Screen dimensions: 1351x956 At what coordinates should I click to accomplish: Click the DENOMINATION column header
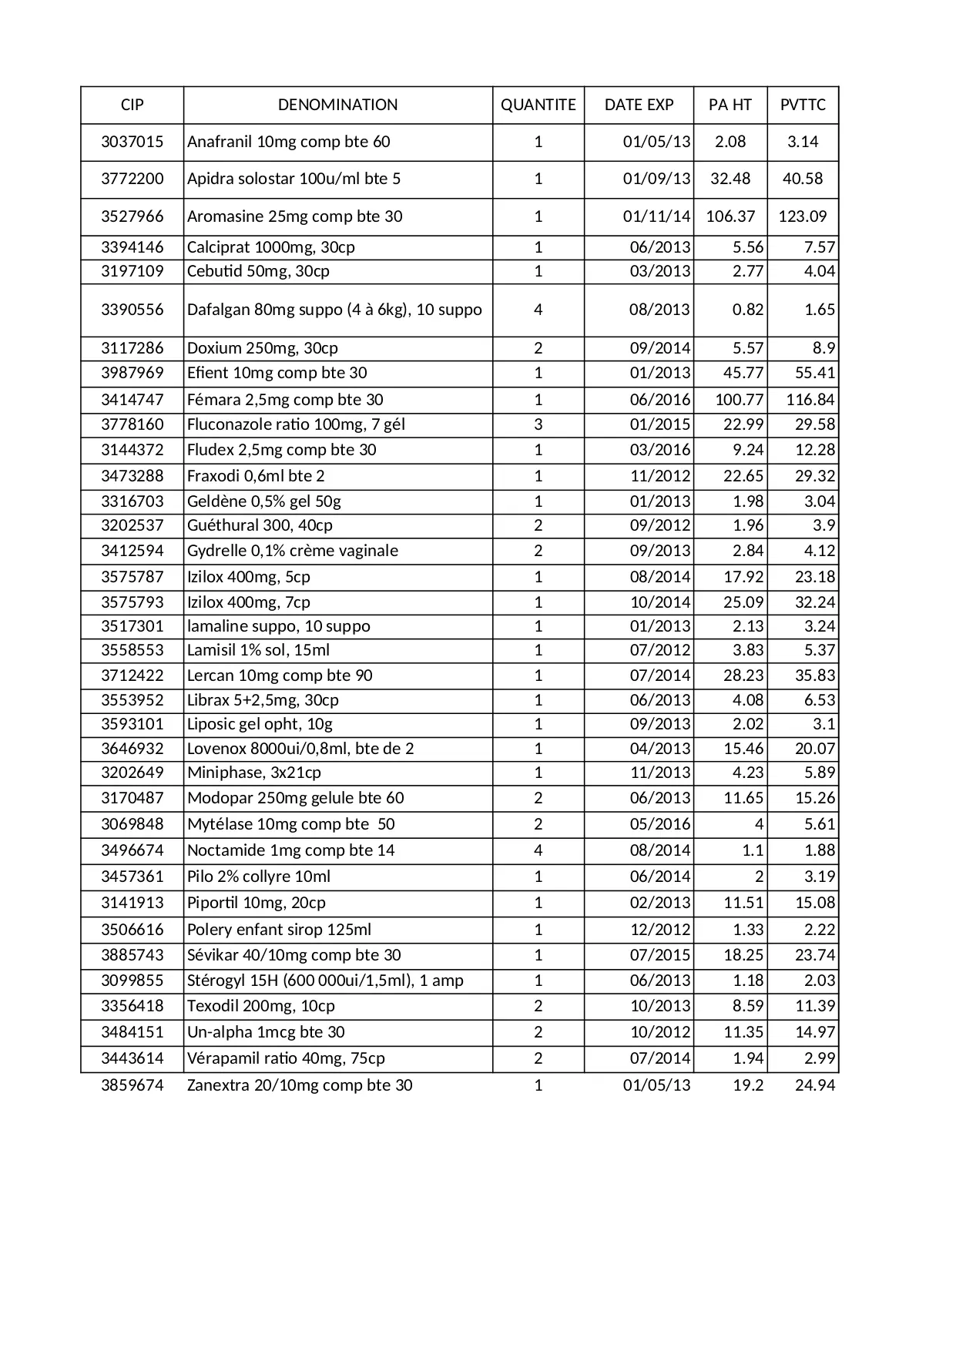click(337, 105)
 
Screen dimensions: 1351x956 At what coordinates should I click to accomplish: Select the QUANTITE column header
click(538, 105)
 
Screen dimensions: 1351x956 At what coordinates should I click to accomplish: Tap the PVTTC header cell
click(803, 105)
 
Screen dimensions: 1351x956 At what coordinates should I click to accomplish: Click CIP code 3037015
click(132, 142)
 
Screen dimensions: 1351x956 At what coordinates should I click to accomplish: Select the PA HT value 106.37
click(730, 216)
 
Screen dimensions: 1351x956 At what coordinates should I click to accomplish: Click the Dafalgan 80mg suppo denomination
click(334, 310)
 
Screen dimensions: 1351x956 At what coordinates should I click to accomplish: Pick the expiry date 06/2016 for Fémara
click(660, 400)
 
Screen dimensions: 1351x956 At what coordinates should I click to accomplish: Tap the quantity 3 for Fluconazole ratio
click(538, 424)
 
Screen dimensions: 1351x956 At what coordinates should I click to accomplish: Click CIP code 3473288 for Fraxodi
click(132, 476)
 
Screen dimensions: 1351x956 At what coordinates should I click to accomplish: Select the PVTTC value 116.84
click(810, 400)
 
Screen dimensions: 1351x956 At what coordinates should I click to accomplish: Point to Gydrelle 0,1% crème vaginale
click(293, 551)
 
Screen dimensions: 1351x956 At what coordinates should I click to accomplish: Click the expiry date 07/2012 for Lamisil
click(660, 650)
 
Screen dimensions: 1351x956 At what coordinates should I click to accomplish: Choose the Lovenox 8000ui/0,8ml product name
click(300, 749)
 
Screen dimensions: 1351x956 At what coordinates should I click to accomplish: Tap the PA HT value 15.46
click(743, 749)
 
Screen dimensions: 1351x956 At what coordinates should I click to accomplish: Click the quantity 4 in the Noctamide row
click(538, 850)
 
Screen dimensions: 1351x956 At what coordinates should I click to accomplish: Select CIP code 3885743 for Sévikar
click(132, 955)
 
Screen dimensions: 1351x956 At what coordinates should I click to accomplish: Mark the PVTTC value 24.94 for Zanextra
click(815, 1085)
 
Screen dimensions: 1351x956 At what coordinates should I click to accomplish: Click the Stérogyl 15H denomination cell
click(325, 981)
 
